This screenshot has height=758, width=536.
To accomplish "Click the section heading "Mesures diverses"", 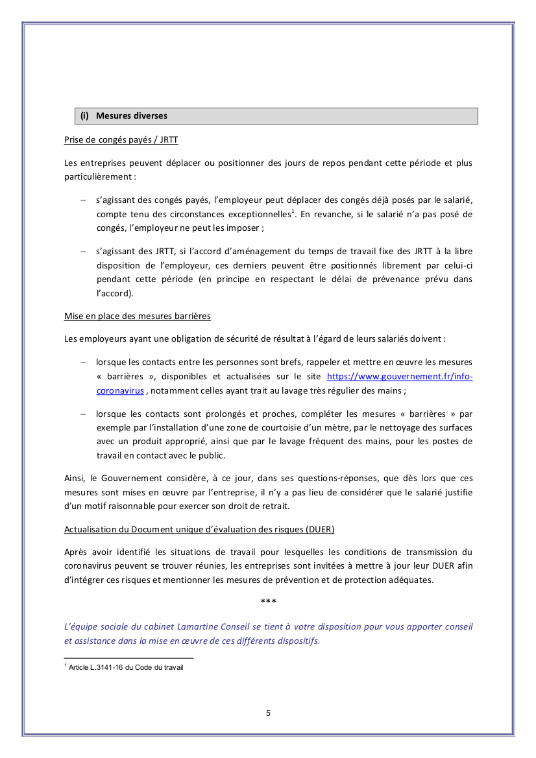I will (132, 116).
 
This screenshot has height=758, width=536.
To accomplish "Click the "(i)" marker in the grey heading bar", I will (84, 116).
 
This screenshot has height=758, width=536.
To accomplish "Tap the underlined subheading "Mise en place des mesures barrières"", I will (138, 316).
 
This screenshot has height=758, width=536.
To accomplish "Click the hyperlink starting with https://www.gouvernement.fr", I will (399, 377).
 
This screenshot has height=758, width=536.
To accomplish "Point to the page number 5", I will (268, 713).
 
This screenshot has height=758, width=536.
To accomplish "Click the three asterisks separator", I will (268, 602).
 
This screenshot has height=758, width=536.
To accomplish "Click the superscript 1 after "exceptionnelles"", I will (293, 211).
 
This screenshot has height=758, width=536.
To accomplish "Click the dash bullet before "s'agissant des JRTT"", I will (83, 251).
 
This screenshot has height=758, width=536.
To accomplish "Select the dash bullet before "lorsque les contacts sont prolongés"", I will (83, 414).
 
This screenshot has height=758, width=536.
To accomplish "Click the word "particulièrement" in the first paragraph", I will (97, 176).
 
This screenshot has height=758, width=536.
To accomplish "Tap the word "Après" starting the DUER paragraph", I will (75, 552).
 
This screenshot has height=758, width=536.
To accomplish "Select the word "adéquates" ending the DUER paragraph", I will (411, 580).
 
